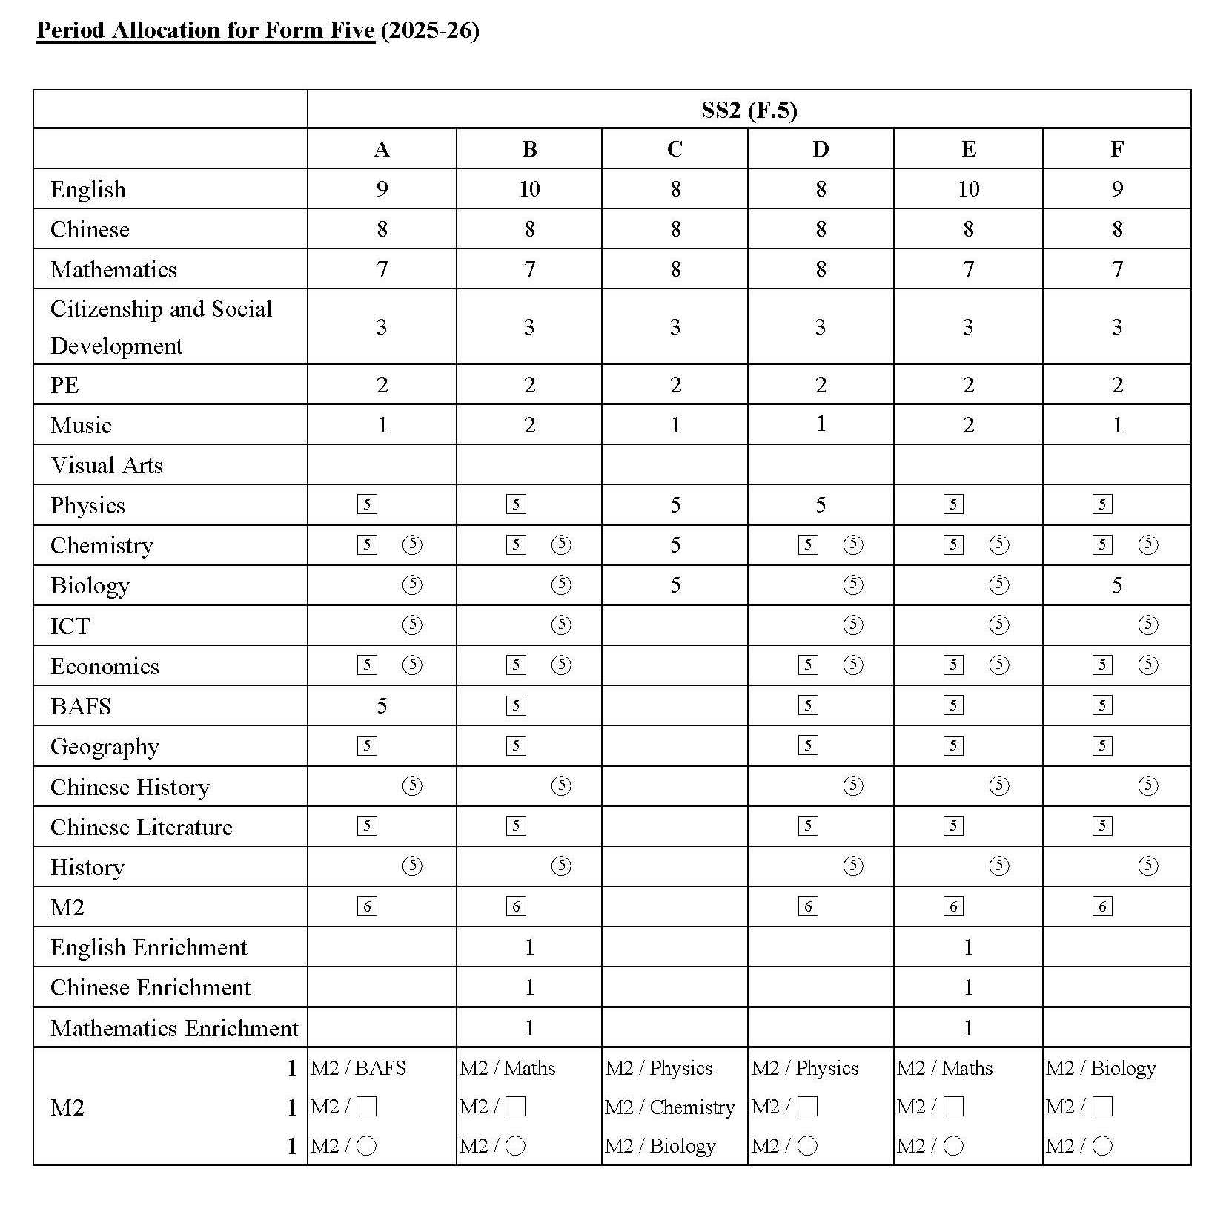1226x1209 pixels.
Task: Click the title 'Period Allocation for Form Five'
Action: tap(205, 30)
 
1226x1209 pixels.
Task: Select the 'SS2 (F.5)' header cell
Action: tap(749, 111)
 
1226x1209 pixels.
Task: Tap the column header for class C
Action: tap(675, 149)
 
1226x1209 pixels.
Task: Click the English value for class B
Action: tap(529, 189)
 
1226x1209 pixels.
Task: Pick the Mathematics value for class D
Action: tap(821, 269)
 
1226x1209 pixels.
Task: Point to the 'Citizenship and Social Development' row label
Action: tap(161, 327)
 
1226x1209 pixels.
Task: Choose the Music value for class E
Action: tap(968, 425)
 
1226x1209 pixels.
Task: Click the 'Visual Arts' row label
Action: tap(107, 465)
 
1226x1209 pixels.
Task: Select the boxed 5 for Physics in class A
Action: tap(367, 505)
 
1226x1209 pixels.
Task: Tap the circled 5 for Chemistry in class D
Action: tap(853, 545)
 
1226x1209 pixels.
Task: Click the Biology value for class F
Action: tap(1116, 585)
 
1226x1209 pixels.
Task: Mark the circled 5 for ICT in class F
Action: tap(1147, 625)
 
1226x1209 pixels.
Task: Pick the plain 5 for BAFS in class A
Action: tap(382, 705)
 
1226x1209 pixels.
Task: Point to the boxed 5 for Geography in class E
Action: tap(953, 745)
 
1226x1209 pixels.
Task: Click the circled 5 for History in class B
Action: tap(561, 866)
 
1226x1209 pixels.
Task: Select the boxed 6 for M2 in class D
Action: tap(808, 906)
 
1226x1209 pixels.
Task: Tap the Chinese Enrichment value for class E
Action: tap(968, 987)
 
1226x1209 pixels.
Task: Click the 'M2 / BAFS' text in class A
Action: tap(358, 1068)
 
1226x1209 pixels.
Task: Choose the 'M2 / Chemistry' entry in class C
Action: tap(670, 1107)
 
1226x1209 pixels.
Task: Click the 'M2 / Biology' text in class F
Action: tap(1101, 1068)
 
